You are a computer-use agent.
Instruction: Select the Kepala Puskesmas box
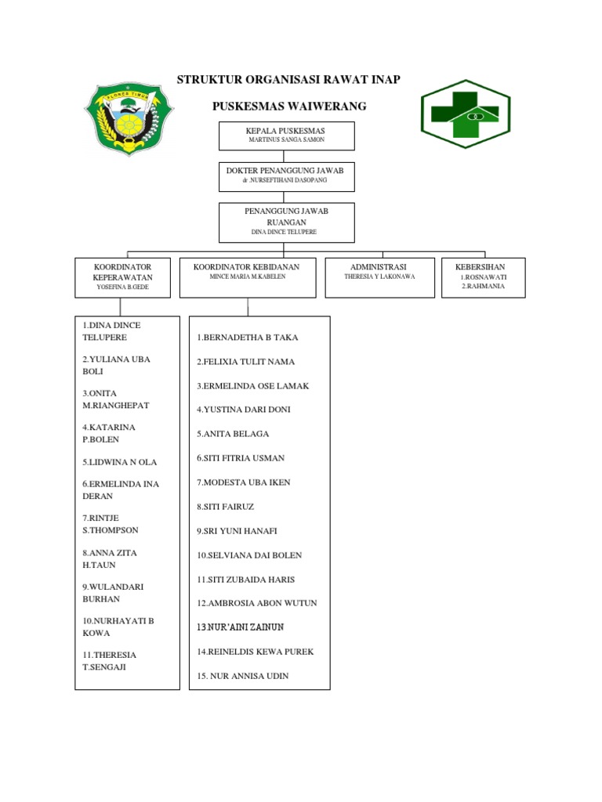286,135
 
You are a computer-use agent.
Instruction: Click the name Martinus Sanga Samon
286,140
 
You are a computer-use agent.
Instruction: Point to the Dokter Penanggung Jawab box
286,176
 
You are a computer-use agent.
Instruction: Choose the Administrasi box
379,277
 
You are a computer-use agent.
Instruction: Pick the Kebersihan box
483,277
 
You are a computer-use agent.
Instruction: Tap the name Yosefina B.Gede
122,287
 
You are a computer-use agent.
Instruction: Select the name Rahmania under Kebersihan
483,286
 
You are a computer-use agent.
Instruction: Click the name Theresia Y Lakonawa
379,276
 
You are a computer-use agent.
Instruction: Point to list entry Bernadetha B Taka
248,338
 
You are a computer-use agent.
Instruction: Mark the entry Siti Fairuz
226,507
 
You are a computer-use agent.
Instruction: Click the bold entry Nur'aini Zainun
240,627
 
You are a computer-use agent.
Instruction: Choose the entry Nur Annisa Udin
243,676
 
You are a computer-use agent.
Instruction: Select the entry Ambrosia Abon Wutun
257,603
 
